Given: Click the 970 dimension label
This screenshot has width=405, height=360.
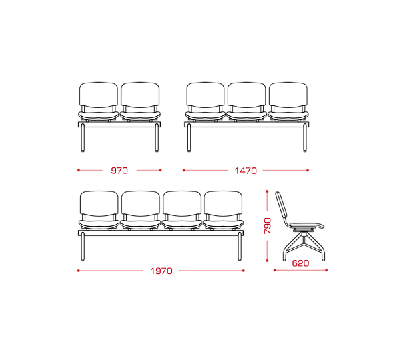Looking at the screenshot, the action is [x=119, y=171].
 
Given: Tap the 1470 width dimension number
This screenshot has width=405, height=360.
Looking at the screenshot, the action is [x=246, y=171].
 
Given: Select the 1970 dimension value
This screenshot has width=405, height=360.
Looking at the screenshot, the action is [x=161, y=271].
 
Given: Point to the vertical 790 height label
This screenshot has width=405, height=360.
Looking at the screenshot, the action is [x=268, y=226].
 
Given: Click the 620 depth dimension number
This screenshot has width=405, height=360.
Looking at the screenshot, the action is [x=300, y=263].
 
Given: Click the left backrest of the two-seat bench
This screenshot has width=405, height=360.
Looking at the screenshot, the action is [x=99, y=95].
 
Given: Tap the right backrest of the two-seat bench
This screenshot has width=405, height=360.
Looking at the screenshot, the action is [x=140, y=95].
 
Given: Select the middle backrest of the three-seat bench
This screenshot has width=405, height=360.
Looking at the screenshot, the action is [x=246, y=95].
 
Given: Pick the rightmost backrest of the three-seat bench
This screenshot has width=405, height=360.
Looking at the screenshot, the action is [x=288, y=95].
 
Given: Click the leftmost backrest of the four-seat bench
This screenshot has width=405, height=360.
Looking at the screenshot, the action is [x=99, y=203].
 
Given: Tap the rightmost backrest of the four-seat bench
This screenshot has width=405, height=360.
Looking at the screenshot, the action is [x=223, y=203].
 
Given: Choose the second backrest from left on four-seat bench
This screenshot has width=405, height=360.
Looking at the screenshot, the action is [x=141, y=203].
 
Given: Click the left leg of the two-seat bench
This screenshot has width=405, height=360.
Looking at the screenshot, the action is [x=83, y=138].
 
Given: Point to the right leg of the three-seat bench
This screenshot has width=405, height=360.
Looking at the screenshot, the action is [x=305, y=138].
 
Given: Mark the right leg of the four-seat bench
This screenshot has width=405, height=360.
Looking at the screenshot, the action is [x=240, y=246].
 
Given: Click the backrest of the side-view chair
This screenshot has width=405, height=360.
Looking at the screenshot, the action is [x=281, y=206].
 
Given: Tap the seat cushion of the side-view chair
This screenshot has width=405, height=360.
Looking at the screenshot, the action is [x=307, y=225].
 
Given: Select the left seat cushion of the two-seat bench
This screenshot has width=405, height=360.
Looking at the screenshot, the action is [x=99, y=115].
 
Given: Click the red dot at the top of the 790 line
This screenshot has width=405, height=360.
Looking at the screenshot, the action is [x=267, y=191].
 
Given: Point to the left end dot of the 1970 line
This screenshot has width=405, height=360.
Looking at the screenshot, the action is [x=78, y=271].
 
